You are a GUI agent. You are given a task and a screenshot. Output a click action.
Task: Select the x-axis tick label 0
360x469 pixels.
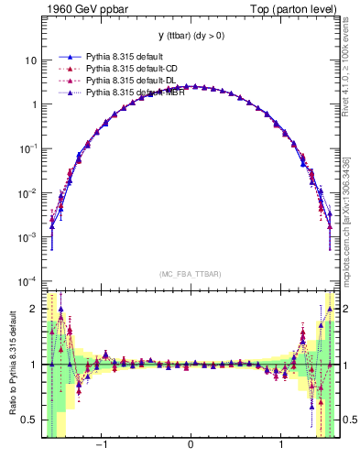point(191,446)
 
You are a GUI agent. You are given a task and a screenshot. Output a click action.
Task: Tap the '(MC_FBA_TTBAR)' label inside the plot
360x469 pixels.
point(191,274)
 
